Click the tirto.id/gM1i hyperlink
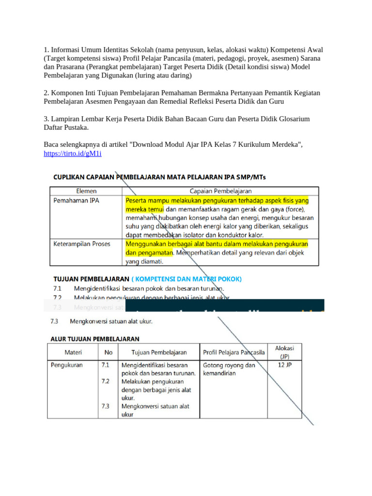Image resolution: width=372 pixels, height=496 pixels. pos(73,154)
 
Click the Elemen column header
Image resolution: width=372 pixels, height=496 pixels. pos(85,191)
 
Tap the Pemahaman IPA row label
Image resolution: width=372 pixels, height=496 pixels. pos(76,200)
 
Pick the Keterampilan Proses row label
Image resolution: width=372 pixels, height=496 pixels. pos(81,244)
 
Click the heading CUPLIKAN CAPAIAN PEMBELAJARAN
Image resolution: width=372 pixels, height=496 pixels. pos(159,177)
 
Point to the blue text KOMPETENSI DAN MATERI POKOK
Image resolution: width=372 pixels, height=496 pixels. pos(186,279)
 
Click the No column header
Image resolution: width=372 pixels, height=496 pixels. pos(108,352)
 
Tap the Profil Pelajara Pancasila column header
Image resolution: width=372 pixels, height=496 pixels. pos(234,352)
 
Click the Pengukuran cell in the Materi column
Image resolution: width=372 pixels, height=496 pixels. pos(67,365)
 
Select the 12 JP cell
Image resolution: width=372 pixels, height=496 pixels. pos(285,365)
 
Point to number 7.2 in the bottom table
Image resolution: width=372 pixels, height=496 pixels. pos(106,381)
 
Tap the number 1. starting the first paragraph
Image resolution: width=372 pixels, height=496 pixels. pos(46,50)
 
